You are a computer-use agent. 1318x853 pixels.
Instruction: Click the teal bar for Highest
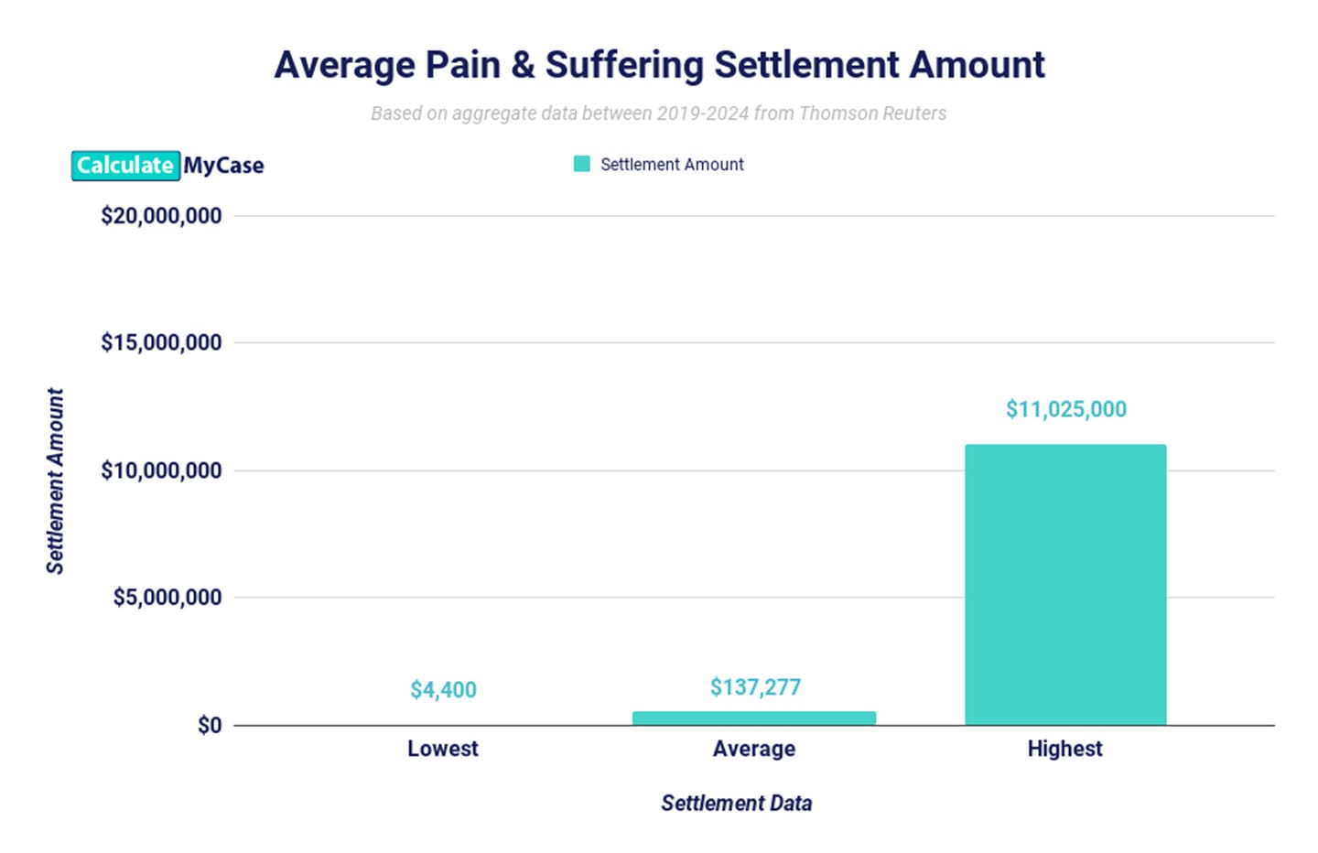pos(1065,586)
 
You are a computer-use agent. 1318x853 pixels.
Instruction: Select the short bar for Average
pos(753,718)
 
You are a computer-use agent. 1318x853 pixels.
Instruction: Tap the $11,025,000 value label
pos(1065,409)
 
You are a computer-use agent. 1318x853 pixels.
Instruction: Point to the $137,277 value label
pos(755,687)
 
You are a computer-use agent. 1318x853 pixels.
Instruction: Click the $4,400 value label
pos(443,690)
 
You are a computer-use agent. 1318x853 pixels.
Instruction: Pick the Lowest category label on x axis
pos(443,749)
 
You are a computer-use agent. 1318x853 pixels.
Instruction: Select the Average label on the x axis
pos(753,749)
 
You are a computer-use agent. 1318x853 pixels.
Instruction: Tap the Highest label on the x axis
pos(1064,749)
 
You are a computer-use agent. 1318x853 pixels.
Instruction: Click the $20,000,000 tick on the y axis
pos(161,216)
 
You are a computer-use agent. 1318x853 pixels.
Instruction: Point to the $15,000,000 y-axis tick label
pos(161,343)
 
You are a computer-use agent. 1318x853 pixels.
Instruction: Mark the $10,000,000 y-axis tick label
pos(161,470)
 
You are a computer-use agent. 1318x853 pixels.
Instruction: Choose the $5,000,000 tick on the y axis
pos(167,598)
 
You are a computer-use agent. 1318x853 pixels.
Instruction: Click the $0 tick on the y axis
pos(210,726)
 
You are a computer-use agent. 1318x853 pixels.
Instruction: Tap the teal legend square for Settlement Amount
pos(581,164)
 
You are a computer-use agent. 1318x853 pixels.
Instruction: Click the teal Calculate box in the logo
pos(125,166)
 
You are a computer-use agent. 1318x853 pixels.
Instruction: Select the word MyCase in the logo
pos(223,166)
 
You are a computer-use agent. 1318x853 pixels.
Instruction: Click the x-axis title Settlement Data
pos(736,804)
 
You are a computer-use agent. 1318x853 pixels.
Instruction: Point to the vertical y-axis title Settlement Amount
pos(55,480)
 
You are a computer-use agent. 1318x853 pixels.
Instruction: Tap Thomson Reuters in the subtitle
pos(872,113)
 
